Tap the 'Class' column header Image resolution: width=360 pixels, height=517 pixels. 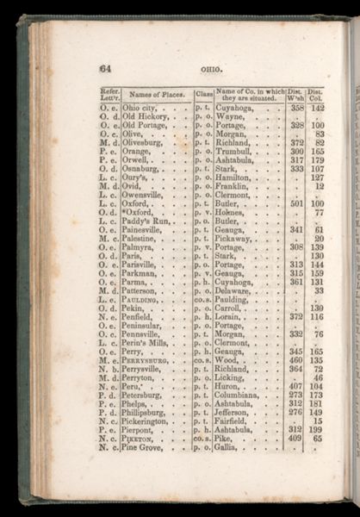pos(204,94)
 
